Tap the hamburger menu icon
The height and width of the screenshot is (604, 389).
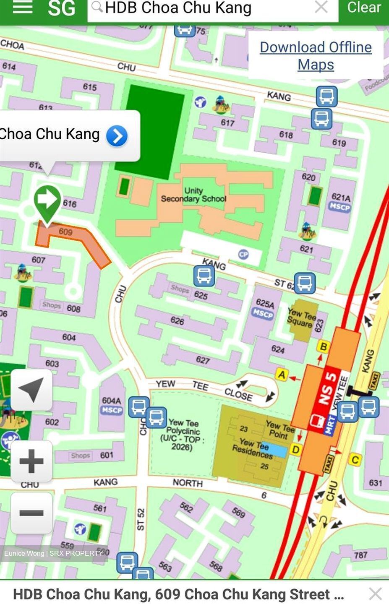pyautogui.click(x=23, y=7)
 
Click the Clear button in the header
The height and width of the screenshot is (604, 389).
pyautogui.click(x=364, y=8)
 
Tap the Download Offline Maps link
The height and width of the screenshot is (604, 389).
pyautogui.click(x=316, y=56)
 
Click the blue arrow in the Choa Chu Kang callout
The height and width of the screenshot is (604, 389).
pyautogui.click(x=117, y=136)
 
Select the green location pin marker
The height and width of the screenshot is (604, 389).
pyautogui.click(x=47, y=201)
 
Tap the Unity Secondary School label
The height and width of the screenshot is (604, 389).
pyautogui.click(x=193, y=195)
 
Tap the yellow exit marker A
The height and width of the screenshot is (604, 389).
pyautogui.click(x=282, y=374)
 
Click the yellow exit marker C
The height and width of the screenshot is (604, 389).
pyautogui.click(x=355, y=460)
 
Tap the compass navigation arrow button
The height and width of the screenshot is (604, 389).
pyautogui.click(x=31, y=389)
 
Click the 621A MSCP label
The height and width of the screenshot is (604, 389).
pyautogui.click(x=340, y=202)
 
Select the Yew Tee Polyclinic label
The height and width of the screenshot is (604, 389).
pyautogui.click(x=183, y=435)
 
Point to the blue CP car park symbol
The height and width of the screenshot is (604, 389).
pyautogui.click(x=243, y=254)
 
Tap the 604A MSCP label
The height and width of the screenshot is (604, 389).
pyautogui.click(x=112, y=405)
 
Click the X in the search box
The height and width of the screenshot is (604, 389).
pyautogui.click(x=321, y=7)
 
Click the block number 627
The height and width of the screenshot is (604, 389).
pyautogui.click(x=203, y=359)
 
